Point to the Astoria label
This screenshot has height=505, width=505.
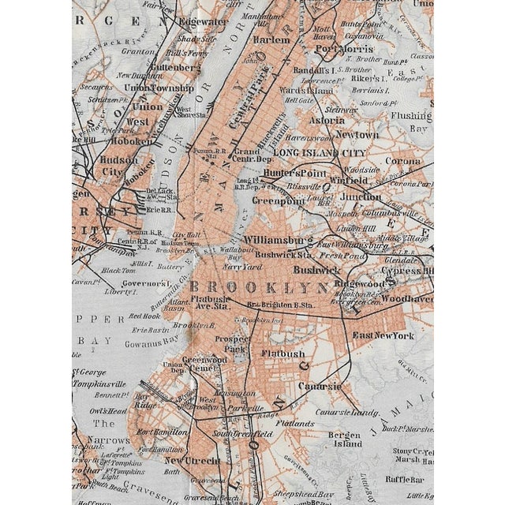click(x=326, y=121)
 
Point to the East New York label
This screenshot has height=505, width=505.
click(x=383, y=336)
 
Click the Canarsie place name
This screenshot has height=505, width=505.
click(x=320, y=386)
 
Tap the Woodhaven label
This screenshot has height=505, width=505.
click(x=407, y=299)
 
